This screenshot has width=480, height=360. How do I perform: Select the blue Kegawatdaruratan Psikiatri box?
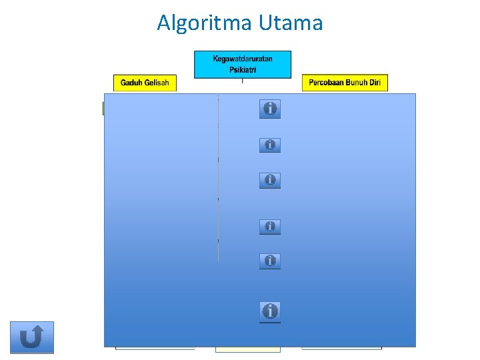pos(243,65)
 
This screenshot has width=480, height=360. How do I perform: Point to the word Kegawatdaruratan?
pos(243,59)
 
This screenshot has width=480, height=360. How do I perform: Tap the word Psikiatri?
pos(243,69)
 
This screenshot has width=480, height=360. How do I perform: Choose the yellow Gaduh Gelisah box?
pos(145,83)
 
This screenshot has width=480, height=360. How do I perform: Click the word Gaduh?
pos(131,83)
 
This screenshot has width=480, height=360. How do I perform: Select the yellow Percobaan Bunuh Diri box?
pos(345,83)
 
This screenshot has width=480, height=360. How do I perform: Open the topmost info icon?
pos(270,109)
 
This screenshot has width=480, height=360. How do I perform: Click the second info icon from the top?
pos(270,145)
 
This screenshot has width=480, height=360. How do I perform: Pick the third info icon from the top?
pos(270,180)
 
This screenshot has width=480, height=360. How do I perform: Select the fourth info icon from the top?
pos(270,227)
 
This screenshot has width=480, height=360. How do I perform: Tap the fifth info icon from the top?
pos(270,261)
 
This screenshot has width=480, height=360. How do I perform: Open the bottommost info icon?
pos(270,311)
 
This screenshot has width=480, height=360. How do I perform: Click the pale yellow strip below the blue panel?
pos(247,349)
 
